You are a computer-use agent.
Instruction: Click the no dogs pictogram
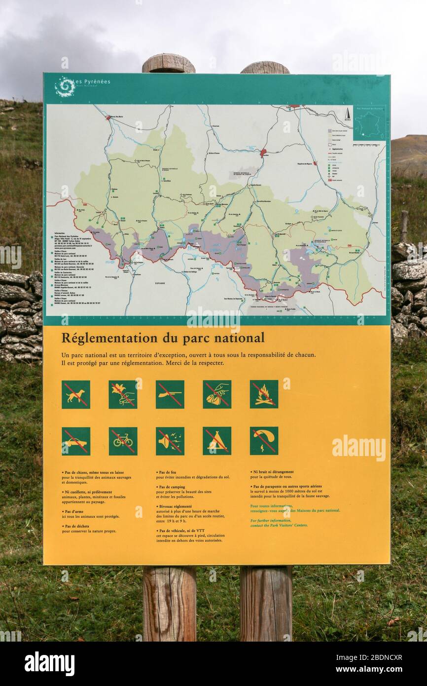(x=76, y=394)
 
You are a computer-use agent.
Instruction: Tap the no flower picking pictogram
(x=123, y=394)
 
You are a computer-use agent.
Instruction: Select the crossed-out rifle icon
(x=170, y=394)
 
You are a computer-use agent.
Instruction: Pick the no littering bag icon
(x=217, y=394)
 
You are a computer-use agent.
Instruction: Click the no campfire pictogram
(x=264, y=394)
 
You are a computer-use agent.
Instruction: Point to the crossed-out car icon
(x=76, y=441)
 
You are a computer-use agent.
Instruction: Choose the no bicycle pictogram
(x=123, y=441)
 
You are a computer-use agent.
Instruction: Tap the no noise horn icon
(x=170, y=441)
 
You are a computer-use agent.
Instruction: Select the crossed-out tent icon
(x=217, y=441)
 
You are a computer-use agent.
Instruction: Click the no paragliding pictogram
(x=264, y=441)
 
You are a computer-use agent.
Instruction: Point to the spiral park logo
(x=65, y=86)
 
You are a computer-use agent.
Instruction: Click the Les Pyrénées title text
(x=92, y=81)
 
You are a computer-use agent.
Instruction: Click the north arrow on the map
(x=347, y=114)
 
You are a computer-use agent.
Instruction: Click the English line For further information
(x=271, y=520)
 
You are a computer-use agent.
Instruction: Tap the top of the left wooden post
(x=169, y=63)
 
